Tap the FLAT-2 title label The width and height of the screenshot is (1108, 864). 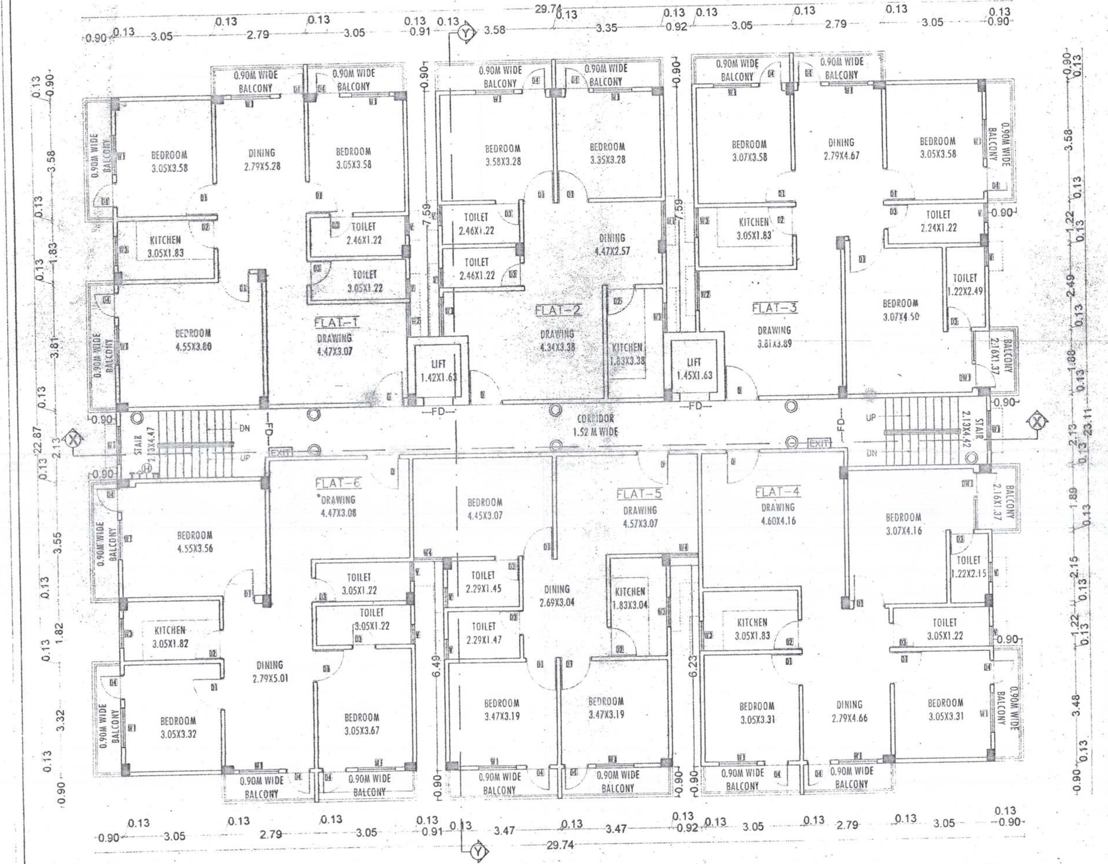tap(558, 311)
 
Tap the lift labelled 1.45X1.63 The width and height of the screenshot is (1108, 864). tap(694, 369)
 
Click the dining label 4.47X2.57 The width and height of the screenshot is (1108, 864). tap(612, 244)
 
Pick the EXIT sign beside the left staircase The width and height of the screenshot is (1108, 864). tap(280, 452)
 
